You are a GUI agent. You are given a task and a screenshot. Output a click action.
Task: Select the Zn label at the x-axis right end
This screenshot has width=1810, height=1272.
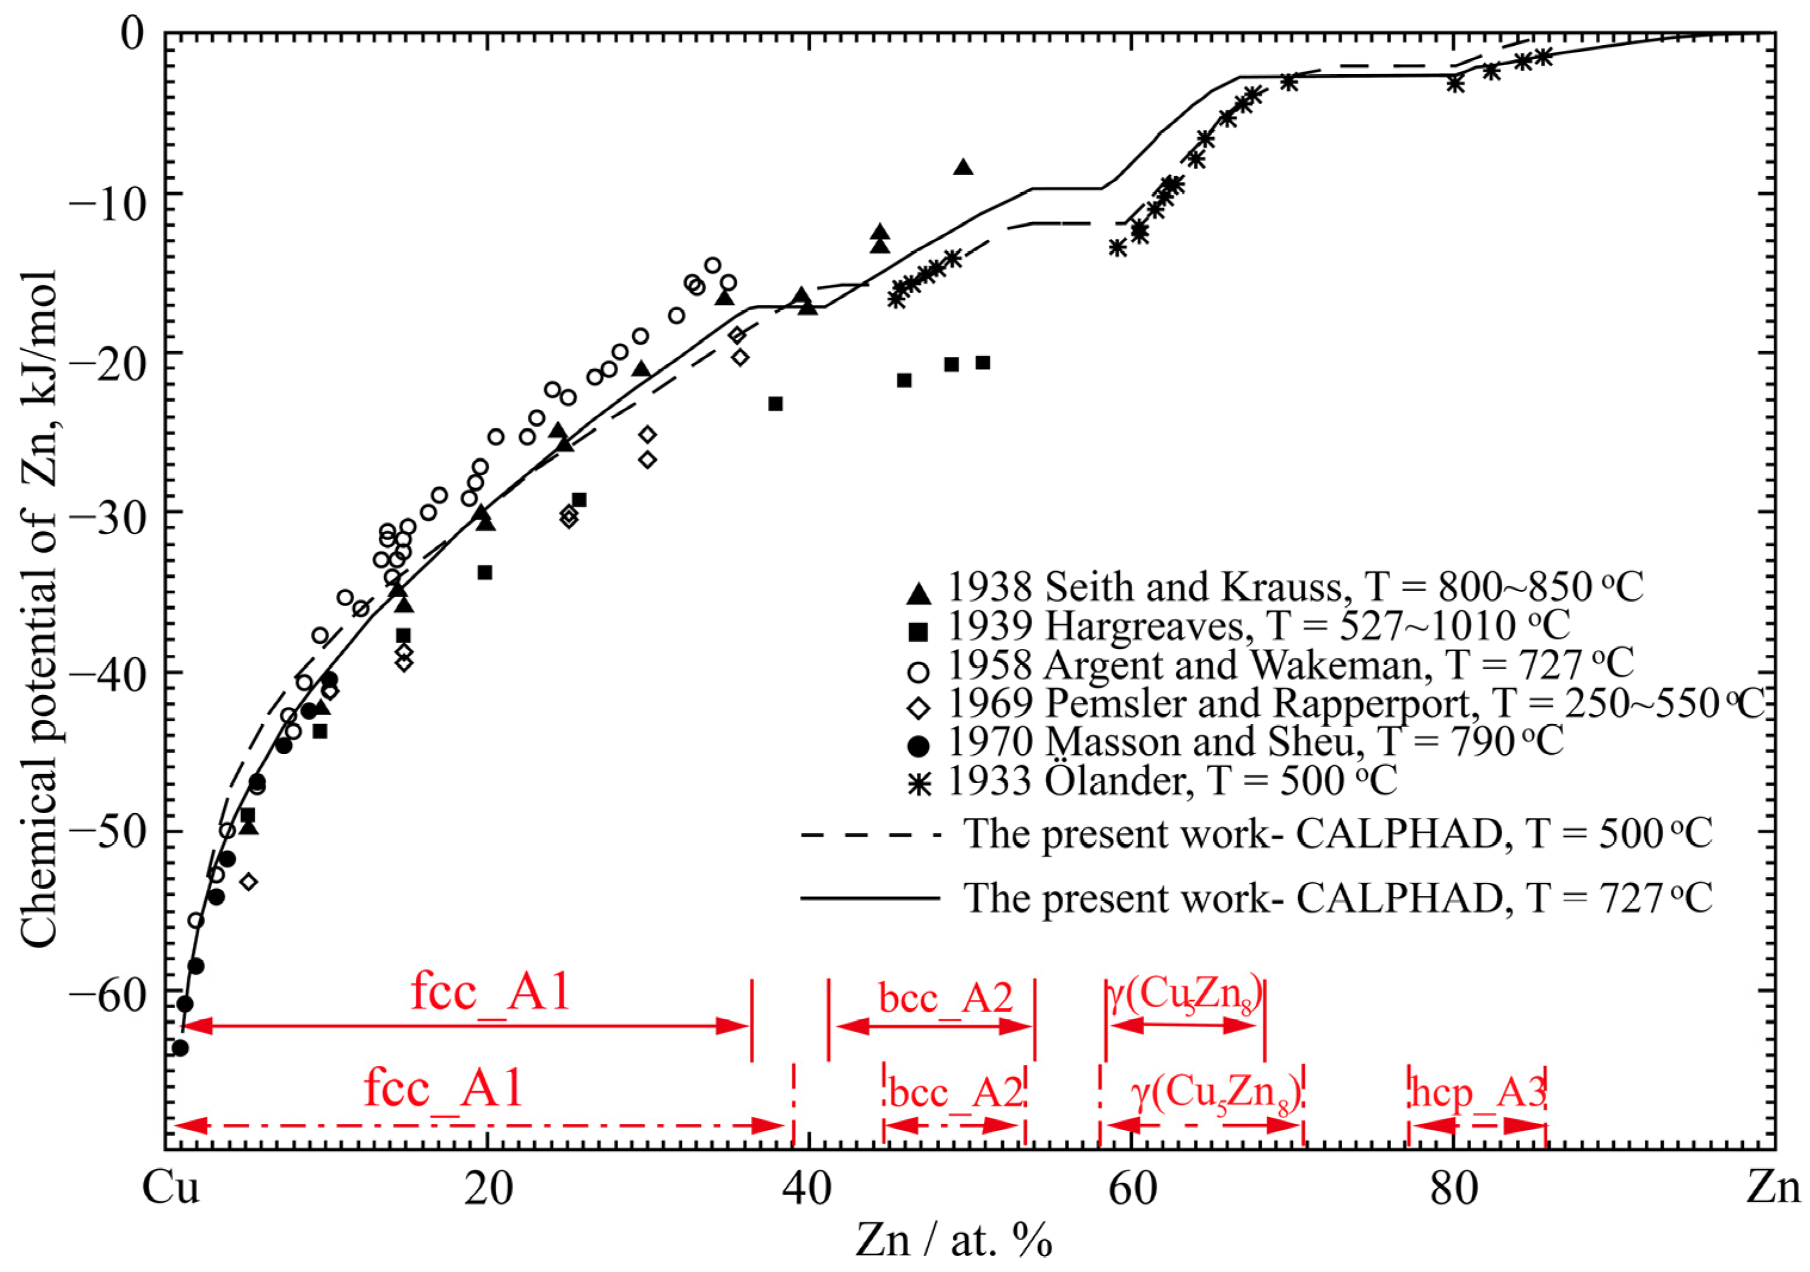click(1773, 1187)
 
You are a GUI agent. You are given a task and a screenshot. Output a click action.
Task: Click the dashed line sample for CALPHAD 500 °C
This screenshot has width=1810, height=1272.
click(870, 834)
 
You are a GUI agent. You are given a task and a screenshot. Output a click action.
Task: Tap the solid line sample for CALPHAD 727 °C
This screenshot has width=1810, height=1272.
click(870, 897)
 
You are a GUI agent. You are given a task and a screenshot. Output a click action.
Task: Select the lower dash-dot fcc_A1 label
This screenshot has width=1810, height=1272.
click(443, 1089)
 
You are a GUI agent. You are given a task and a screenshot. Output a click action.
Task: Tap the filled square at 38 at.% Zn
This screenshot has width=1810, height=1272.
click(775, 404)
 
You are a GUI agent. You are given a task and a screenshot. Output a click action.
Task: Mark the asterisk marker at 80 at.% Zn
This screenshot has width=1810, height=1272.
click(1455, 83)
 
